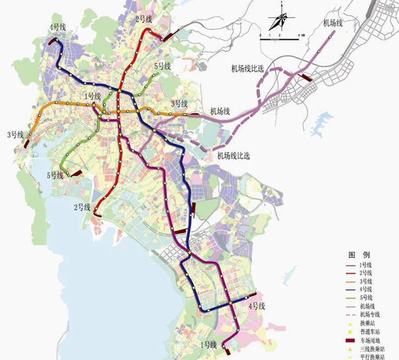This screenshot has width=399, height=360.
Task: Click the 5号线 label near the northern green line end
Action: (163, 66)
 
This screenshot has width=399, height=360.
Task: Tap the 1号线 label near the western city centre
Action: (93, 96)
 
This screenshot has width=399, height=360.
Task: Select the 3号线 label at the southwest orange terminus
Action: (15, 134)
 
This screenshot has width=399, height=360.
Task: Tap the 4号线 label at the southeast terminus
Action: (256, 305)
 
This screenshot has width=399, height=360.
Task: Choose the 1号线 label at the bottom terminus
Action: (209, 346)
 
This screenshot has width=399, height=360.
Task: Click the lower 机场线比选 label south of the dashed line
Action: (233, 156)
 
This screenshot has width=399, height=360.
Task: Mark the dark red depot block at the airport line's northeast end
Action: (305, 77)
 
